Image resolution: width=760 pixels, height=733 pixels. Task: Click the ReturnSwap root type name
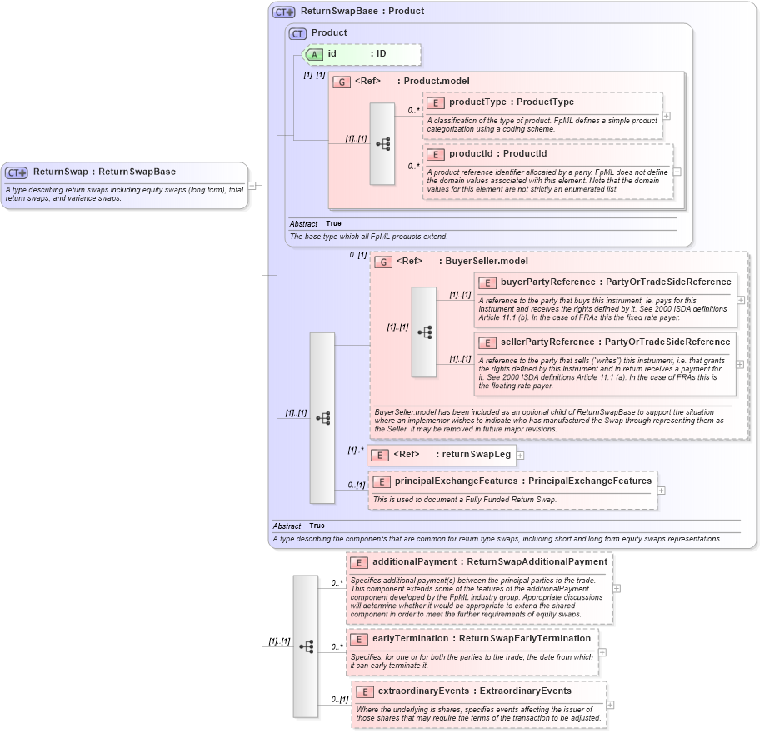click(61, 172)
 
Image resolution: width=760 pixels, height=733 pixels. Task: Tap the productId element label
click(474, 154)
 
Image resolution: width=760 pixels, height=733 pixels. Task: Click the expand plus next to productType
click(666, 117)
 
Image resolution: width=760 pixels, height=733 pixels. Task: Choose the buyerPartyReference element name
click(547, 282)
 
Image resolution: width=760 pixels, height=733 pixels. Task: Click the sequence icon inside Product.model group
click(382, 143)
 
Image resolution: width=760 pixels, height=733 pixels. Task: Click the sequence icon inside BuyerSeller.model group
click(424, 332)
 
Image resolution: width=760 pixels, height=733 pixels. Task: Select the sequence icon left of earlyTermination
click(306, 646)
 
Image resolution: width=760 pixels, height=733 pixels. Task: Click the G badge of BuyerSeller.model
click(383, 262)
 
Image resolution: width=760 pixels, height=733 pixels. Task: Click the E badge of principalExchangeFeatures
click(382, 481)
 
